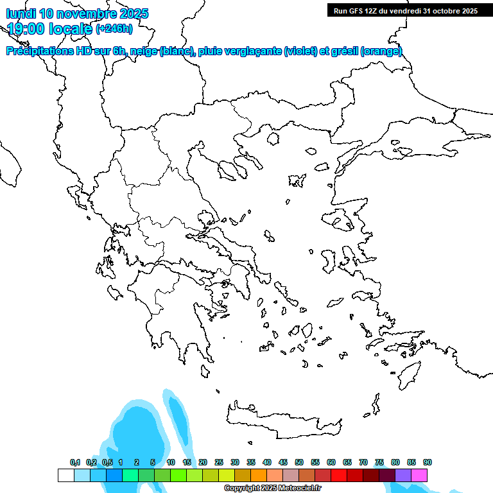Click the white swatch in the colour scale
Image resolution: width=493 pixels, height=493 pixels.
[65, 475]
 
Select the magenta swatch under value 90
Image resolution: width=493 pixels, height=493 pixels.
[419, 475]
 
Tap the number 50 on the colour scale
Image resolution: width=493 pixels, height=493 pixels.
[299, 462]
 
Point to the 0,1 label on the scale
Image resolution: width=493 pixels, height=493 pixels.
[75, 462]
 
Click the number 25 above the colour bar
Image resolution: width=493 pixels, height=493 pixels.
[219, 462]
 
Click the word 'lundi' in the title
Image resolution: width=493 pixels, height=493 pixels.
[21, 13]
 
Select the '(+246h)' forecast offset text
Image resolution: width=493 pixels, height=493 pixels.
[114, 28]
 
